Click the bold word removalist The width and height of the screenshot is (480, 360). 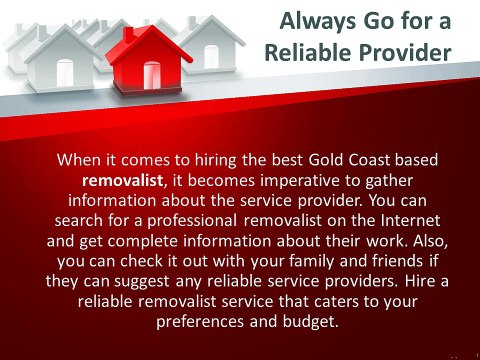pos(123,180)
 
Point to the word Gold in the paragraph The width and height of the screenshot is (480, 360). pos(326,160)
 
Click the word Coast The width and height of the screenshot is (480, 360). pos(369,160)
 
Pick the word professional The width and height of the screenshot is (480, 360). pos(192,222)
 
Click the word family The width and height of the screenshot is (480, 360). pos(311,262)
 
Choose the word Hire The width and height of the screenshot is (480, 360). pos(418,281)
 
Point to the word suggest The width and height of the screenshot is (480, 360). pos(142,282)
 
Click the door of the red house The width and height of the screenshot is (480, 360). pos(152,75)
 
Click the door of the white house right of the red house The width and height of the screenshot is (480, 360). pos(211,57)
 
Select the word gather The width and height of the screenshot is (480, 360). pos(389,182)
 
